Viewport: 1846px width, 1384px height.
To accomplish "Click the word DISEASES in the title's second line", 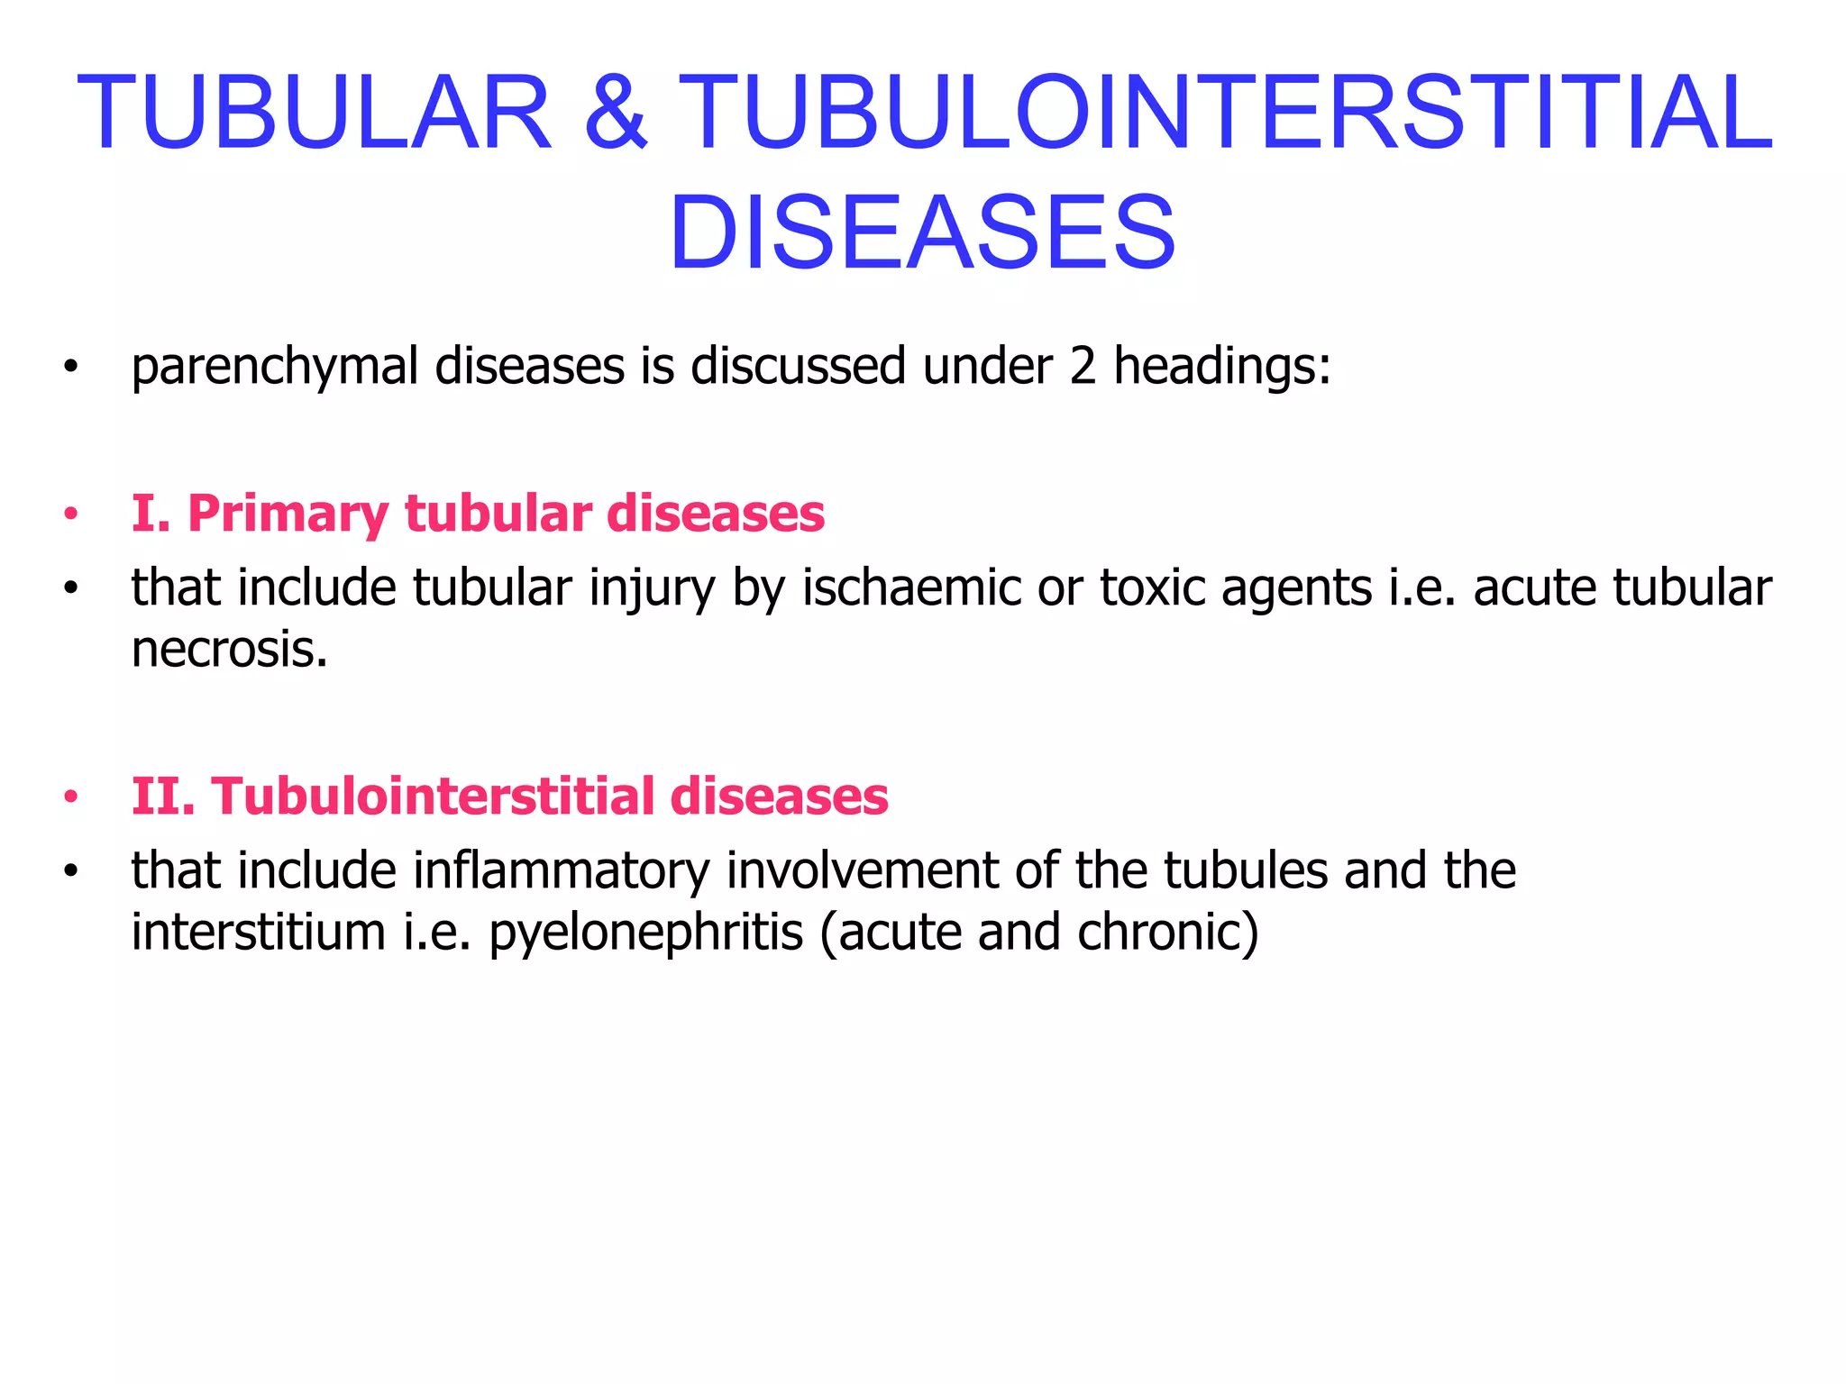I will pos(922,234).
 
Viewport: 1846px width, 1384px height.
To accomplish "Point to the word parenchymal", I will pos(275,368).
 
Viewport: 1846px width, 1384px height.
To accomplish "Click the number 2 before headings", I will pos(1083,366).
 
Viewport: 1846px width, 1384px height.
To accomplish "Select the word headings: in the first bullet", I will pos(1222,368).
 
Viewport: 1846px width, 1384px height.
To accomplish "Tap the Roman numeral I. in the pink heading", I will pos(151,514).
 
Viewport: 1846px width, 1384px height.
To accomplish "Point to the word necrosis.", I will pos(229,649).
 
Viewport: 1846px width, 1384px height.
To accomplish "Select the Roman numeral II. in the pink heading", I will pos(163,797).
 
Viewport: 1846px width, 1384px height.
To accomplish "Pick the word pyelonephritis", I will pos(645,933).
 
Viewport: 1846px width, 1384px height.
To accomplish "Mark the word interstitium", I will pos(259,932).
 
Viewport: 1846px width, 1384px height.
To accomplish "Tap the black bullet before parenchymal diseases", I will pos(70,368).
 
